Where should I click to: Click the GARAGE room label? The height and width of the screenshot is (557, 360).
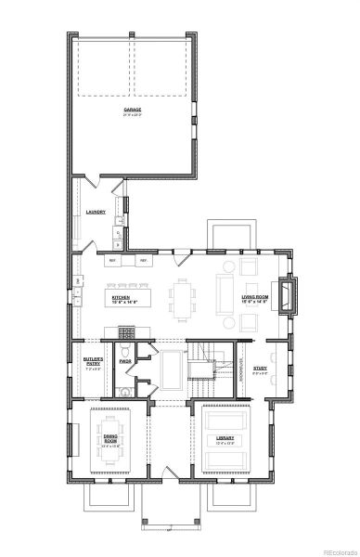coord(134,111)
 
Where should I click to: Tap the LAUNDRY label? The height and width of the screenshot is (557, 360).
coord(96,213)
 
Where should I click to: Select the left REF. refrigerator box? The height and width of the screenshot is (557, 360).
coord(113,261)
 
